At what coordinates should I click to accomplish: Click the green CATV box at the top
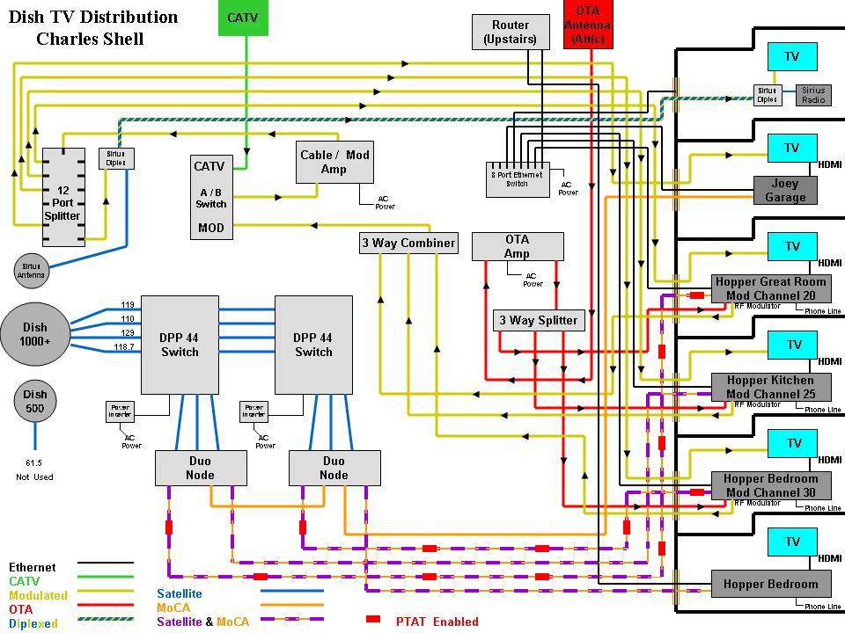tap(243, 18)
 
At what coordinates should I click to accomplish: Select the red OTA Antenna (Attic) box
tap(587, 25)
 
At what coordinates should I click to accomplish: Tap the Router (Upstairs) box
tap(511, 33)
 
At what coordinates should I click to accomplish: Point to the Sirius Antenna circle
tap(31, 270)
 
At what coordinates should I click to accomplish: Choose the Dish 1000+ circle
tap(35, 334)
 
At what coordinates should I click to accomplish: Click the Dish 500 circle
tap(35, 401)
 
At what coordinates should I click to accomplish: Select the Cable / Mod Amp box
tap(334, 162)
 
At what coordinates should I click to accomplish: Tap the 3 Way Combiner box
tap(408, 244)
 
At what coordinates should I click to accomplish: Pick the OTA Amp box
tap(517, 246)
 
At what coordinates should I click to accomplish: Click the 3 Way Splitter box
tap(538, 320)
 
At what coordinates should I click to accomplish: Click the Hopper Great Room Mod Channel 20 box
tap(770, 288)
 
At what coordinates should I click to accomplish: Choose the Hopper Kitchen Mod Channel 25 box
tap(770, 387)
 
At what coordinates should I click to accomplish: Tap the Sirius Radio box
tap(813, 95)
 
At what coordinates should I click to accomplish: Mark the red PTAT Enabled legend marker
tap(373, 621)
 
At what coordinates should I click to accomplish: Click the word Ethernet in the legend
tap(33, 568)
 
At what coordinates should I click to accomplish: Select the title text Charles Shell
tap(90, 39)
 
